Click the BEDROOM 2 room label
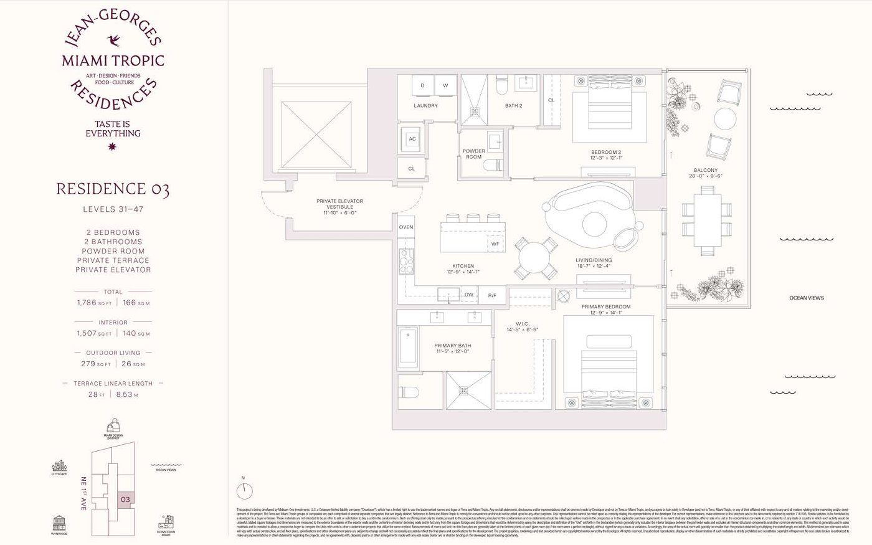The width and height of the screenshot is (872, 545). pyautogui.click(x=605, y=153)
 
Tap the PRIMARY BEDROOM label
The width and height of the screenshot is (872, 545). pyautogui.click(x=605, y=307)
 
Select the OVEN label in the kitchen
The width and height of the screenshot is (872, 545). pyautogui.click(x=405, y=227)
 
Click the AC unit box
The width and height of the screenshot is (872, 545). pyautogui.click(x=412, y=140)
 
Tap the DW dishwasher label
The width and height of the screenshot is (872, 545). pyautogui.click(x=469, y=295)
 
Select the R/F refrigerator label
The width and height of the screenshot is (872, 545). pyautogui.click(x=492, y=295)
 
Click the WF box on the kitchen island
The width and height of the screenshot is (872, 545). pyautogui.click(x=495, y=244)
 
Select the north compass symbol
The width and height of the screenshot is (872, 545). pyautogui.click(x=245, y=490)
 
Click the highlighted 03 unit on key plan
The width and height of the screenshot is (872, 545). pyautogui.click(x=125, y=499)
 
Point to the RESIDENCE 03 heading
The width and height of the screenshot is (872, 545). pyautogui.click(x=113, y=190)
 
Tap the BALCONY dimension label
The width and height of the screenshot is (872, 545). pyautogui.click(x=705, y=173)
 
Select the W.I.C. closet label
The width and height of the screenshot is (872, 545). pyautogui.click(x=522, y=324)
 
